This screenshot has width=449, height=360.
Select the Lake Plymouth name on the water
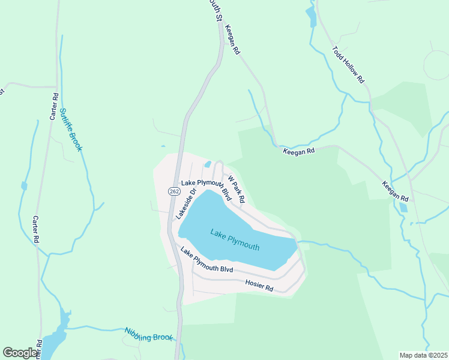(x=235, y=239)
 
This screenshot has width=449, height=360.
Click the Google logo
(x=20, y=353)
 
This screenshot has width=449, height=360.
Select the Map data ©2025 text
(x=423, y=355)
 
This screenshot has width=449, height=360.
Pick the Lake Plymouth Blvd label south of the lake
(x=206, y=260)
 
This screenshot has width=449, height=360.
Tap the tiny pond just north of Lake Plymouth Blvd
(x=208, y=163)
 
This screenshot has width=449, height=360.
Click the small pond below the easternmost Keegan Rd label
(x=403, y=208)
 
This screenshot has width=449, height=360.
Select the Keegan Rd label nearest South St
(x=232, y=40)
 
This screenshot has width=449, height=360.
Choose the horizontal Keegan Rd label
(x=299, y=152)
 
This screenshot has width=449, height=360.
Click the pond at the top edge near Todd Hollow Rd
(x=310, y=16)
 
